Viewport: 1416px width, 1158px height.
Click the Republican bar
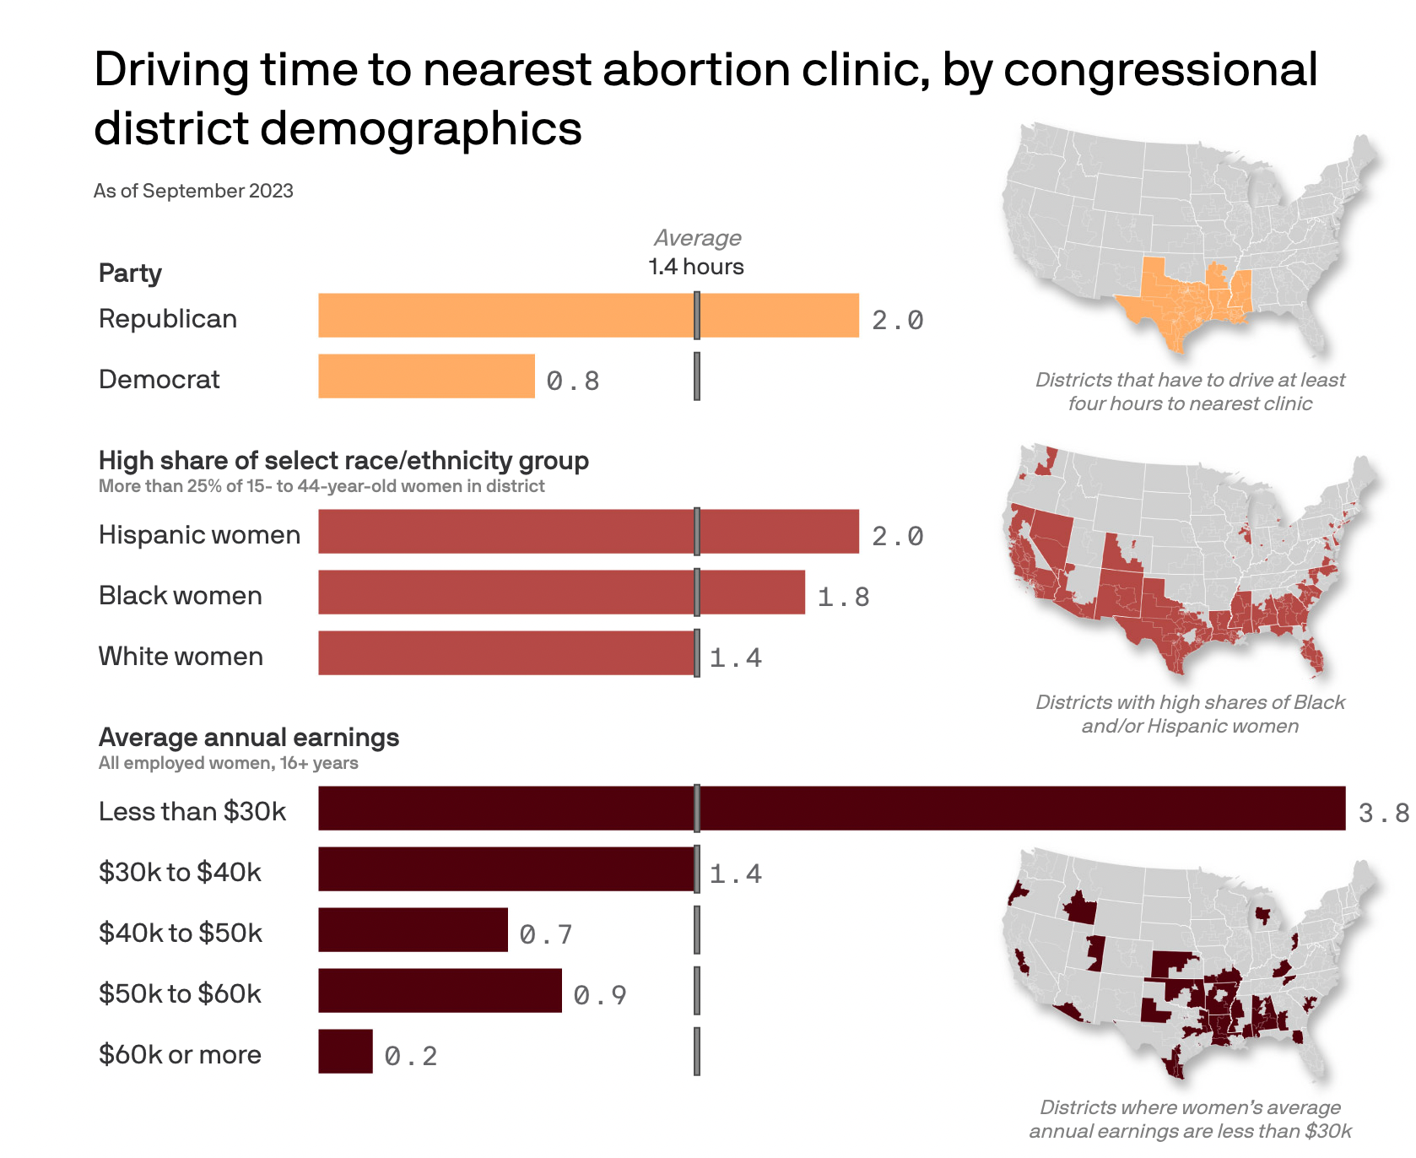588,316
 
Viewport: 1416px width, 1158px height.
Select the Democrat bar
426,376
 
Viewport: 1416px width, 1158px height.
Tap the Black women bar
561,593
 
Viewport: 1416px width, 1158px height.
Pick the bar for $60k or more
345,1052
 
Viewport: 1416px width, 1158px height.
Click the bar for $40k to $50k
413,930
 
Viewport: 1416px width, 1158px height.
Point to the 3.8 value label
1383,813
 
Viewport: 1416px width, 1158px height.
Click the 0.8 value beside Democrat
573,381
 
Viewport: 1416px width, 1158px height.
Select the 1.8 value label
843,597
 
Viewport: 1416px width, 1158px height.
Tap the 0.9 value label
600,995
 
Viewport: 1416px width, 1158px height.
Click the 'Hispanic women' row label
199,535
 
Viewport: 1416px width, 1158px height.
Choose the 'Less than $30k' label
192,812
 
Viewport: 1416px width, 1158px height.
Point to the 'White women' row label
181,657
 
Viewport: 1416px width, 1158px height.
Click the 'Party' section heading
130,273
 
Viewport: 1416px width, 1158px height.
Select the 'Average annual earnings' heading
249,738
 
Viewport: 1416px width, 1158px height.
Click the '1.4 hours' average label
696,267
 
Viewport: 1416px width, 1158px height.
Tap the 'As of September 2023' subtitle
193,191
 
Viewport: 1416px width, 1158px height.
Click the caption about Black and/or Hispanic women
1190,714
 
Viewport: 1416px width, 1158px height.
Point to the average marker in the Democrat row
697,376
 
